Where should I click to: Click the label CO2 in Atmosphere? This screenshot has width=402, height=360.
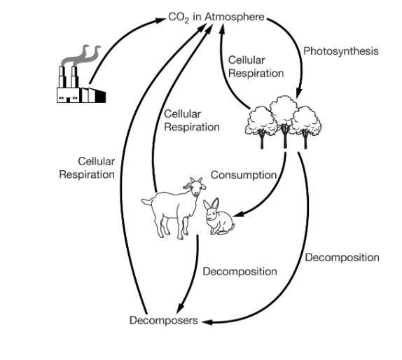click(216, 18)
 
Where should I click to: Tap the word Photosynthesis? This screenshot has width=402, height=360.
click(341, 51)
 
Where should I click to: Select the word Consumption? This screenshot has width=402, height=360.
click(244, 175)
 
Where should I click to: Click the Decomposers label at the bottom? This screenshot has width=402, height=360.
click(164, 321)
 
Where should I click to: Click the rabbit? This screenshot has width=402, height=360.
click(219, 216)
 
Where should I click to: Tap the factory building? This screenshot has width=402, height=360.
click(81, 85)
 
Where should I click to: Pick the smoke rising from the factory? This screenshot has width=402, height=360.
click(81, 56)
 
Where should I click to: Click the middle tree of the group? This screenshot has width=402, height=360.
click(284, 120)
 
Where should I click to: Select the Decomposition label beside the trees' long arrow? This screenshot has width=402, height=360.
click(342, 258)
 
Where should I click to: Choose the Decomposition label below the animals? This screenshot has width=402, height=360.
click(240, 272)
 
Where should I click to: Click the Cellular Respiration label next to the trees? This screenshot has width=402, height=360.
click(256, 67)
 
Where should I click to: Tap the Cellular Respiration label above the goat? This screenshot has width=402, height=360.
click(192, 120)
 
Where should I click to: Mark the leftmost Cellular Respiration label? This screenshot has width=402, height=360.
click(87, 168)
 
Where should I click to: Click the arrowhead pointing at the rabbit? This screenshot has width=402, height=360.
click(237, 214)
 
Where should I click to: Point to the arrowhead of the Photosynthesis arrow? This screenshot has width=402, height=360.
click(299, 93)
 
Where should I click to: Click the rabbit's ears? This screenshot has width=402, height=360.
click(212, 205)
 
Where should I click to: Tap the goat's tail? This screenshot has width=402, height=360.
click(147, 201)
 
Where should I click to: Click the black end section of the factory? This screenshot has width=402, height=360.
click(101, 97)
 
